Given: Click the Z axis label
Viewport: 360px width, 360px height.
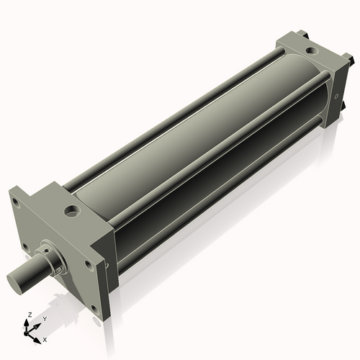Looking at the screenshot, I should (x=28, y=315).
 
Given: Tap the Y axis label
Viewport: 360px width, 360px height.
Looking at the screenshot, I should (x=44, y=319).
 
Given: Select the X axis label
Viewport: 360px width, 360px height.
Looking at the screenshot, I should (x=45, y=338).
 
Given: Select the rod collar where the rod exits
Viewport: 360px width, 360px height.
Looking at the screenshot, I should (x=53, y=260).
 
